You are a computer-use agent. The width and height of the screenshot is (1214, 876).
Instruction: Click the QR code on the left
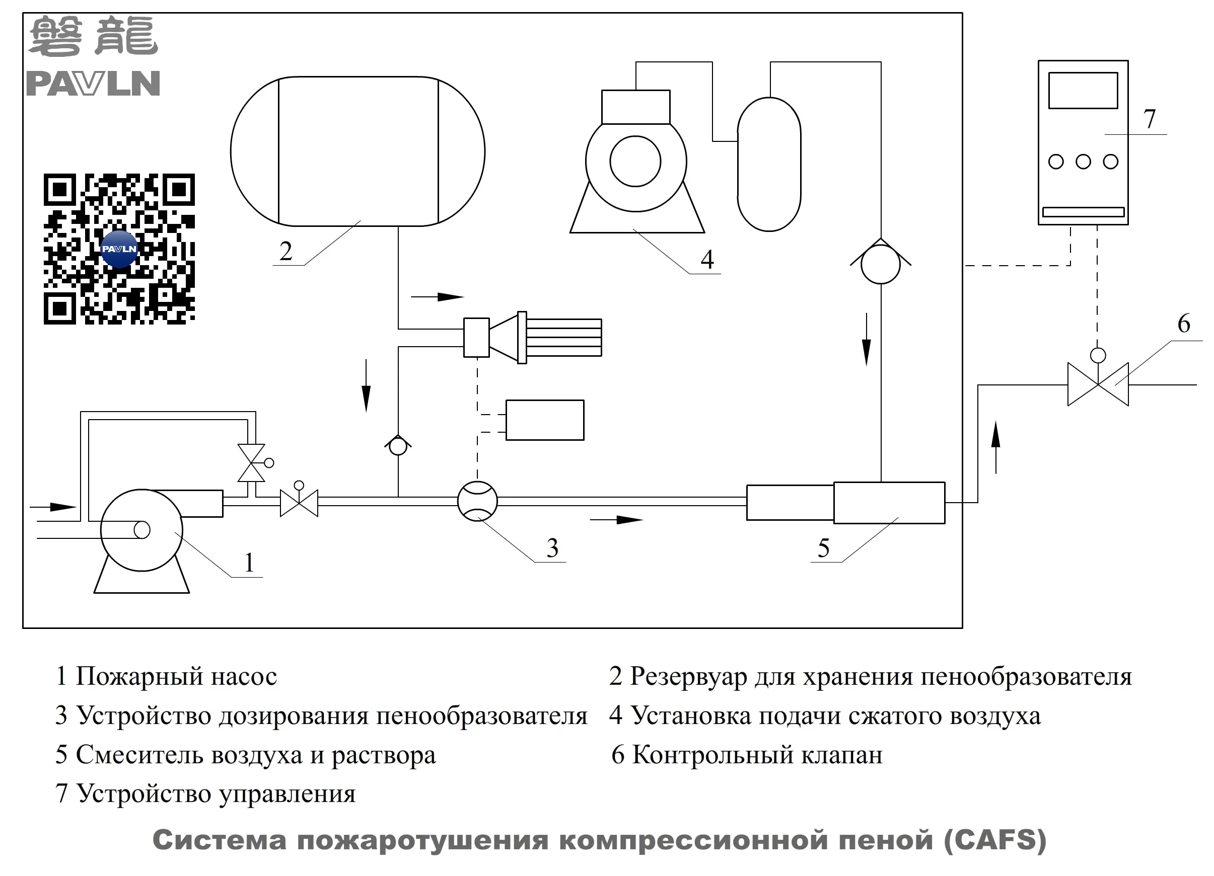119,249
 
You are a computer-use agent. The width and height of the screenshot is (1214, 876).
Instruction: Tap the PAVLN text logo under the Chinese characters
93,84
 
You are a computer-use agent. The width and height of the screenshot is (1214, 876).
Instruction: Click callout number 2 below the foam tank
286,252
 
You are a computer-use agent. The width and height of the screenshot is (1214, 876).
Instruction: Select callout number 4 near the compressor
707,260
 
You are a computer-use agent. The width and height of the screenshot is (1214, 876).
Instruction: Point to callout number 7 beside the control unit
1149,119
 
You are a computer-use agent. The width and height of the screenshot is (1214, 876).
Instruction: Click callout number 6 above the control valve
1183,324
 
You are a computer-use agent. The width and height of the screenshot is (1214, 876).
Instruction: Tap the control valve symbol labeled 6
1098,384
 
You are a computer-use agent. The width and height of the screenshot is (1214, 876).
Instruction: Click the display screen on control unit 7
1083,91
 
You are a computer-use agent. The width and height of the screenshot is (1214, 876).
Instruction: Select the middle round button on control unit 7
1083,162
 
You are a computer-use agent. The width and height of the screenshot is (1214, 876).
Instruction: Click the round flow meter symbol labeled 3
477,501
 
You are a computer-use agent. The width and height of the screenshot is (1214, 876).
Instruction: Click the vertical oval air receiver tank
769,164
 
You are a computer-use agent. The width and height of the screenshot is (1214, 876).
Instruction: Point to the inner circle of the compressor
635,161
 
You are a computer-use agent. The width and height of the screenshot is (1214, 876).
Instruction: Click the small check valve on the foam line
398,446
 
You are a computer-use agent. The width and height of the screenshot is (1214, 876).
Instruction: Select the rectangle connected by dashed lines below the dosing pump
544,420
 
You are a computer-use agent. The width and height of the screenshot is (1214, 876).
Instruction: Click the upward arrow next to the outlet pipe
995,447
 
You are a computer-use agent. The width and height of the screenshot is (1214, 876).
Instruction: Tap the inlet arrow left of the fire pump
53,507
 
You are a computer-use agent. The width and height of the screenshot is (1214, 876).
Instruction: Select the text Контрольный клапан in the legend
757,755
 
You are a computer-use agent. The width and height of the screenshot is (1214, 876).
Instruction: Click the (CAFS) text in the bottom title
994,840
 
